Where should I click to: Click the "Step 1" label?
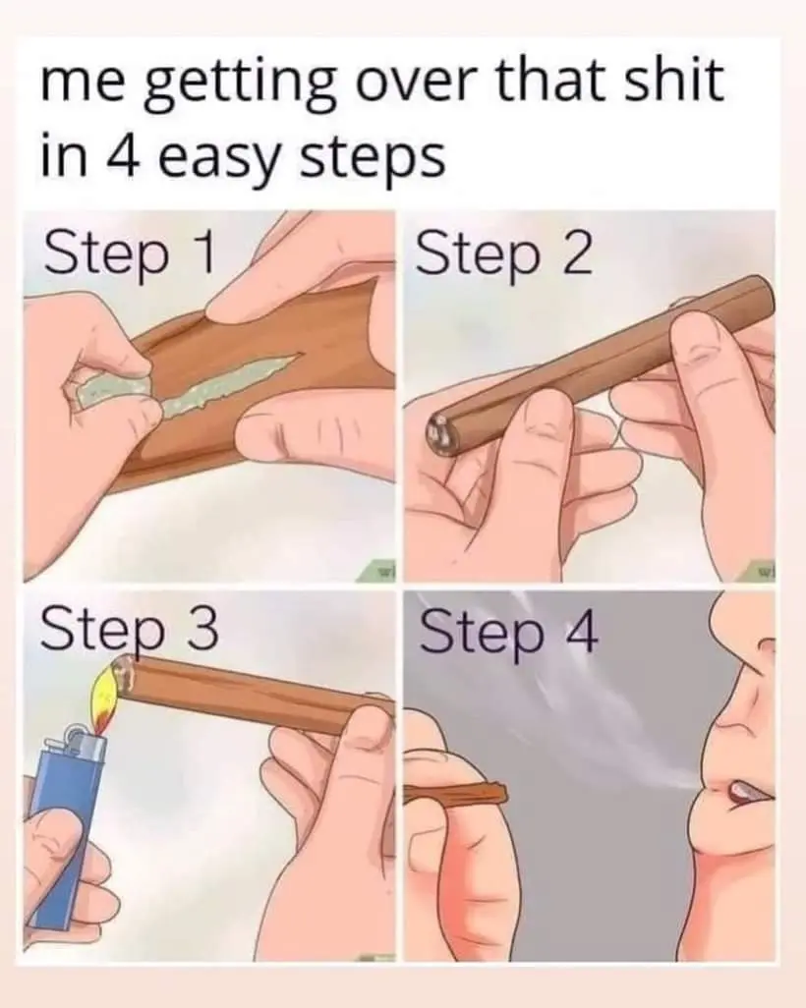click(129, 253)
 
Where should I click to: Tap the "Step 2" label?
click(504, 253)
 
